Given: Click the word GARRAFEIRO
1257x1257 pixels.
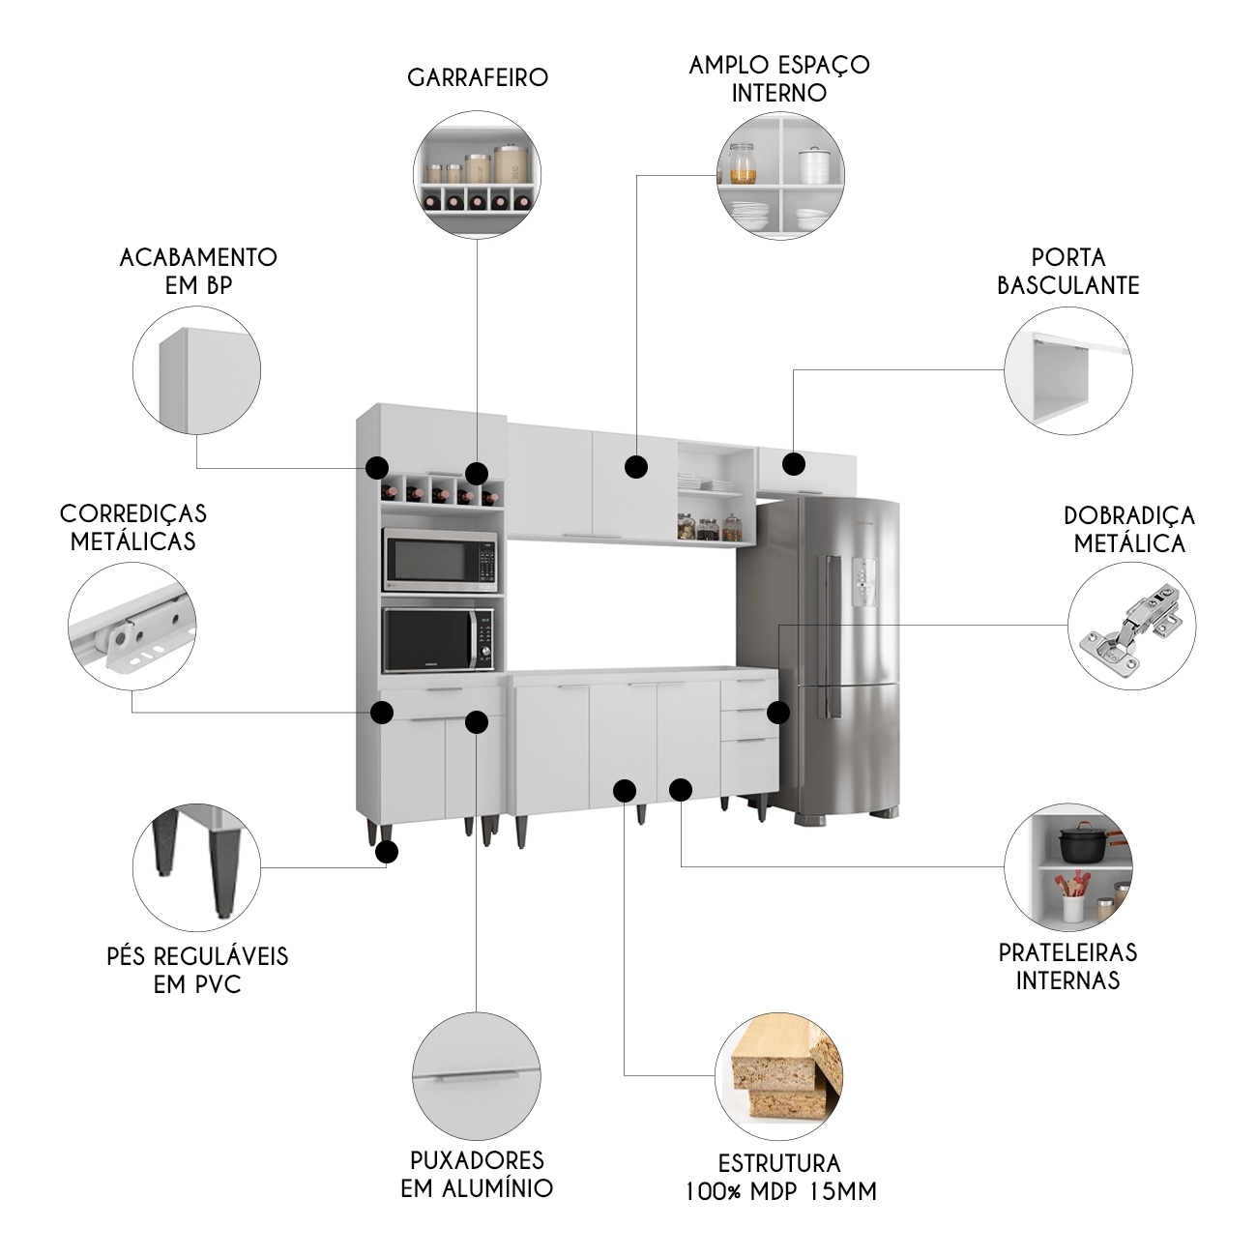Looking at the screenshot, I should pyautogui.click(x=478, y=77).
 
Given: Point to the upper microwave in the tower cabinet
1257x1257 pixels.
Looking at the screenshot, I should pyautogui.click(x=441, y=559).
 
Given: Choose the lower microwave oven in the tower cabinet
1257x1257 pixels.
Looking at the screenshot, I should pyautogui.click(x=441, y=639).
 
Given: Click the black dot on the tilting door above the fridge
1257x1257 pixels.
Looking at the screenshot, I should pyautogui.click(x=794, y=464).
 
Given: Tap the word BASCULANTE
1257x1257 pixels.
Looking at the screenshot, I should pyautogui.click(x=1067, y=285).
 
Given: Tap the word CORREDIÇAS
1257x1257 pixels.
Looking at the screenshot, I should pyautogui.click(x=133, y=512).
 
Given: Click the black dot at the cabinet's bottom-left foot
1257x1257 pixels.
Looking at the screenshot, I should pyautogui.click(x=387, y=852).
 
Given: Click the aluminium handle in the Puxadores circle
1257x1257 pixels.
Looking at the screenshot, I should pyautogui.click(x=476, y=1076).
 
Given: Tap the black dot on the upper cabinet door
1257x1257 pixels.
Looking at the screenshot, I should pyautogui.click(x=635, y=467).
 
